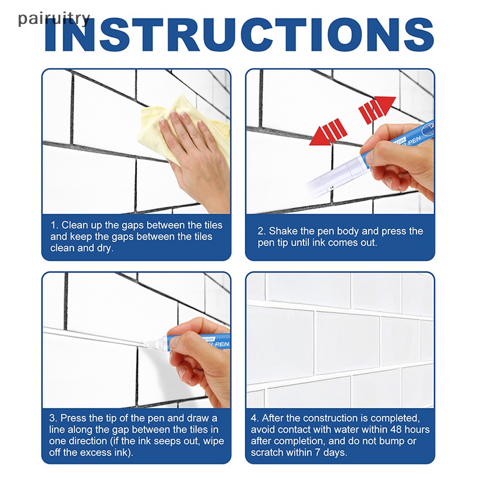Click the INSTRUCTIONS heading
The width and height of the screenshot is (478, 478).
coord(240,35)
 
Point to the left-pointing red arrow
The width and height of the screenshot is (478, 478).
coord(328,132)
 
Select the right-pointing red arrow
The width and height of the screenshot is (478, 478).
coord(377,109)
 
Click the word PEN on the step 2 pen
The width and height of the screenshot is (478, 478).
coord(414,142)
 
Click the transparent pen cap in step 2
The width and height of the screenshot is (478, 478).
coord(335,174)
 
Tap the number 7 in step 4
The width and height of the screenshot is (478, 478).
coord(318,452)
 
